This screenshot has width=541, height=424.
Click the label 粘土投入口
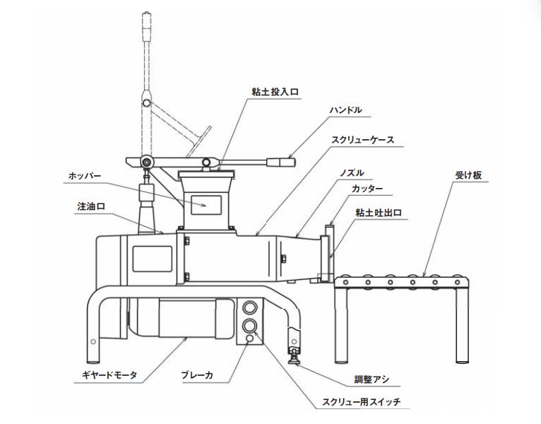pyautogui.click(x=275, y=92)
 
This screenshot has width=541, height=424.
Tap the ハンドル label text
pyautogui.click(x=345, y=110)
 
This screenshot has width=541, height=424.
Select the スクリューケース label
pyautogui.click(x=363, y=140)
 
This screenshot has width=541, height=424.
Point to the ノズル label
pyautogui.click(x=352, y=172)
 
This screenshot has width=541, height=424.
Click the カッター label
pyautogui.click(x=367, y=189)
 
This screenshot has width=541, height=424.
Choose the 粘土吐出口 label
pyautogui.click(x=379, y=212)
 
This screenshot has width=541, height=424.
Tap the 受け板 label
pyautogui.click(x=468, y=175)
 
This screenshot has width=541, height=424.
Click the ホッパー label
pyautogui.click(x=85, y=176)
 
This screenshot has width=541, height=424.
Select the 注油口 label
pyautogui.click(x=91, y=206)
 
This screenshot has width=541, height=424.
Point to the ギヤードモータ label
pyautogui.click(x=109, y=375)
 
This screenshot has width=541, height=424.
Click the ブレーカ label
pyautogui.click(x=197, y=375)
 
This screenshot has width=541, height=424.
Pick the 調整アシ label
pyautogui.click(x=372, y=379)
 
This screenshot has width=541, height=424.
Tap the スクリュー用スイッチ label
pyautogui.click(x=362, y=402)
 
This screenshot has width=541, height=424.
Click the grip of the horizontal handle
pyautogui.click(x=281, y=162)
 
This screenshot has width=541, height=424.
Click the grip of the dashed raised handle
pyautogui.click(x=147, y=27)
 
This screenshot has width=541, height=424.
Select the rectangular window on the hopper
pyautogui.click(x=206, y=205)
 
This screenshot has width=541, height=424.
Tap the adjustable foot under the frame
pyautogui.click(x=294, y=355)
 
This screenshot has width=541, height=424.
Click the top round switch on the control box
pyautogui.click(x=249, y=307)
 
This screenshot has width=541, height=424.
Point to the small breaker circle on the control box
pyautogui.click(x=249, y=338)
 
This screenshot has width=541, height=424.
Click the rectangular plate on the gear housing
pyautogui.click(x=152, y=259)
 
